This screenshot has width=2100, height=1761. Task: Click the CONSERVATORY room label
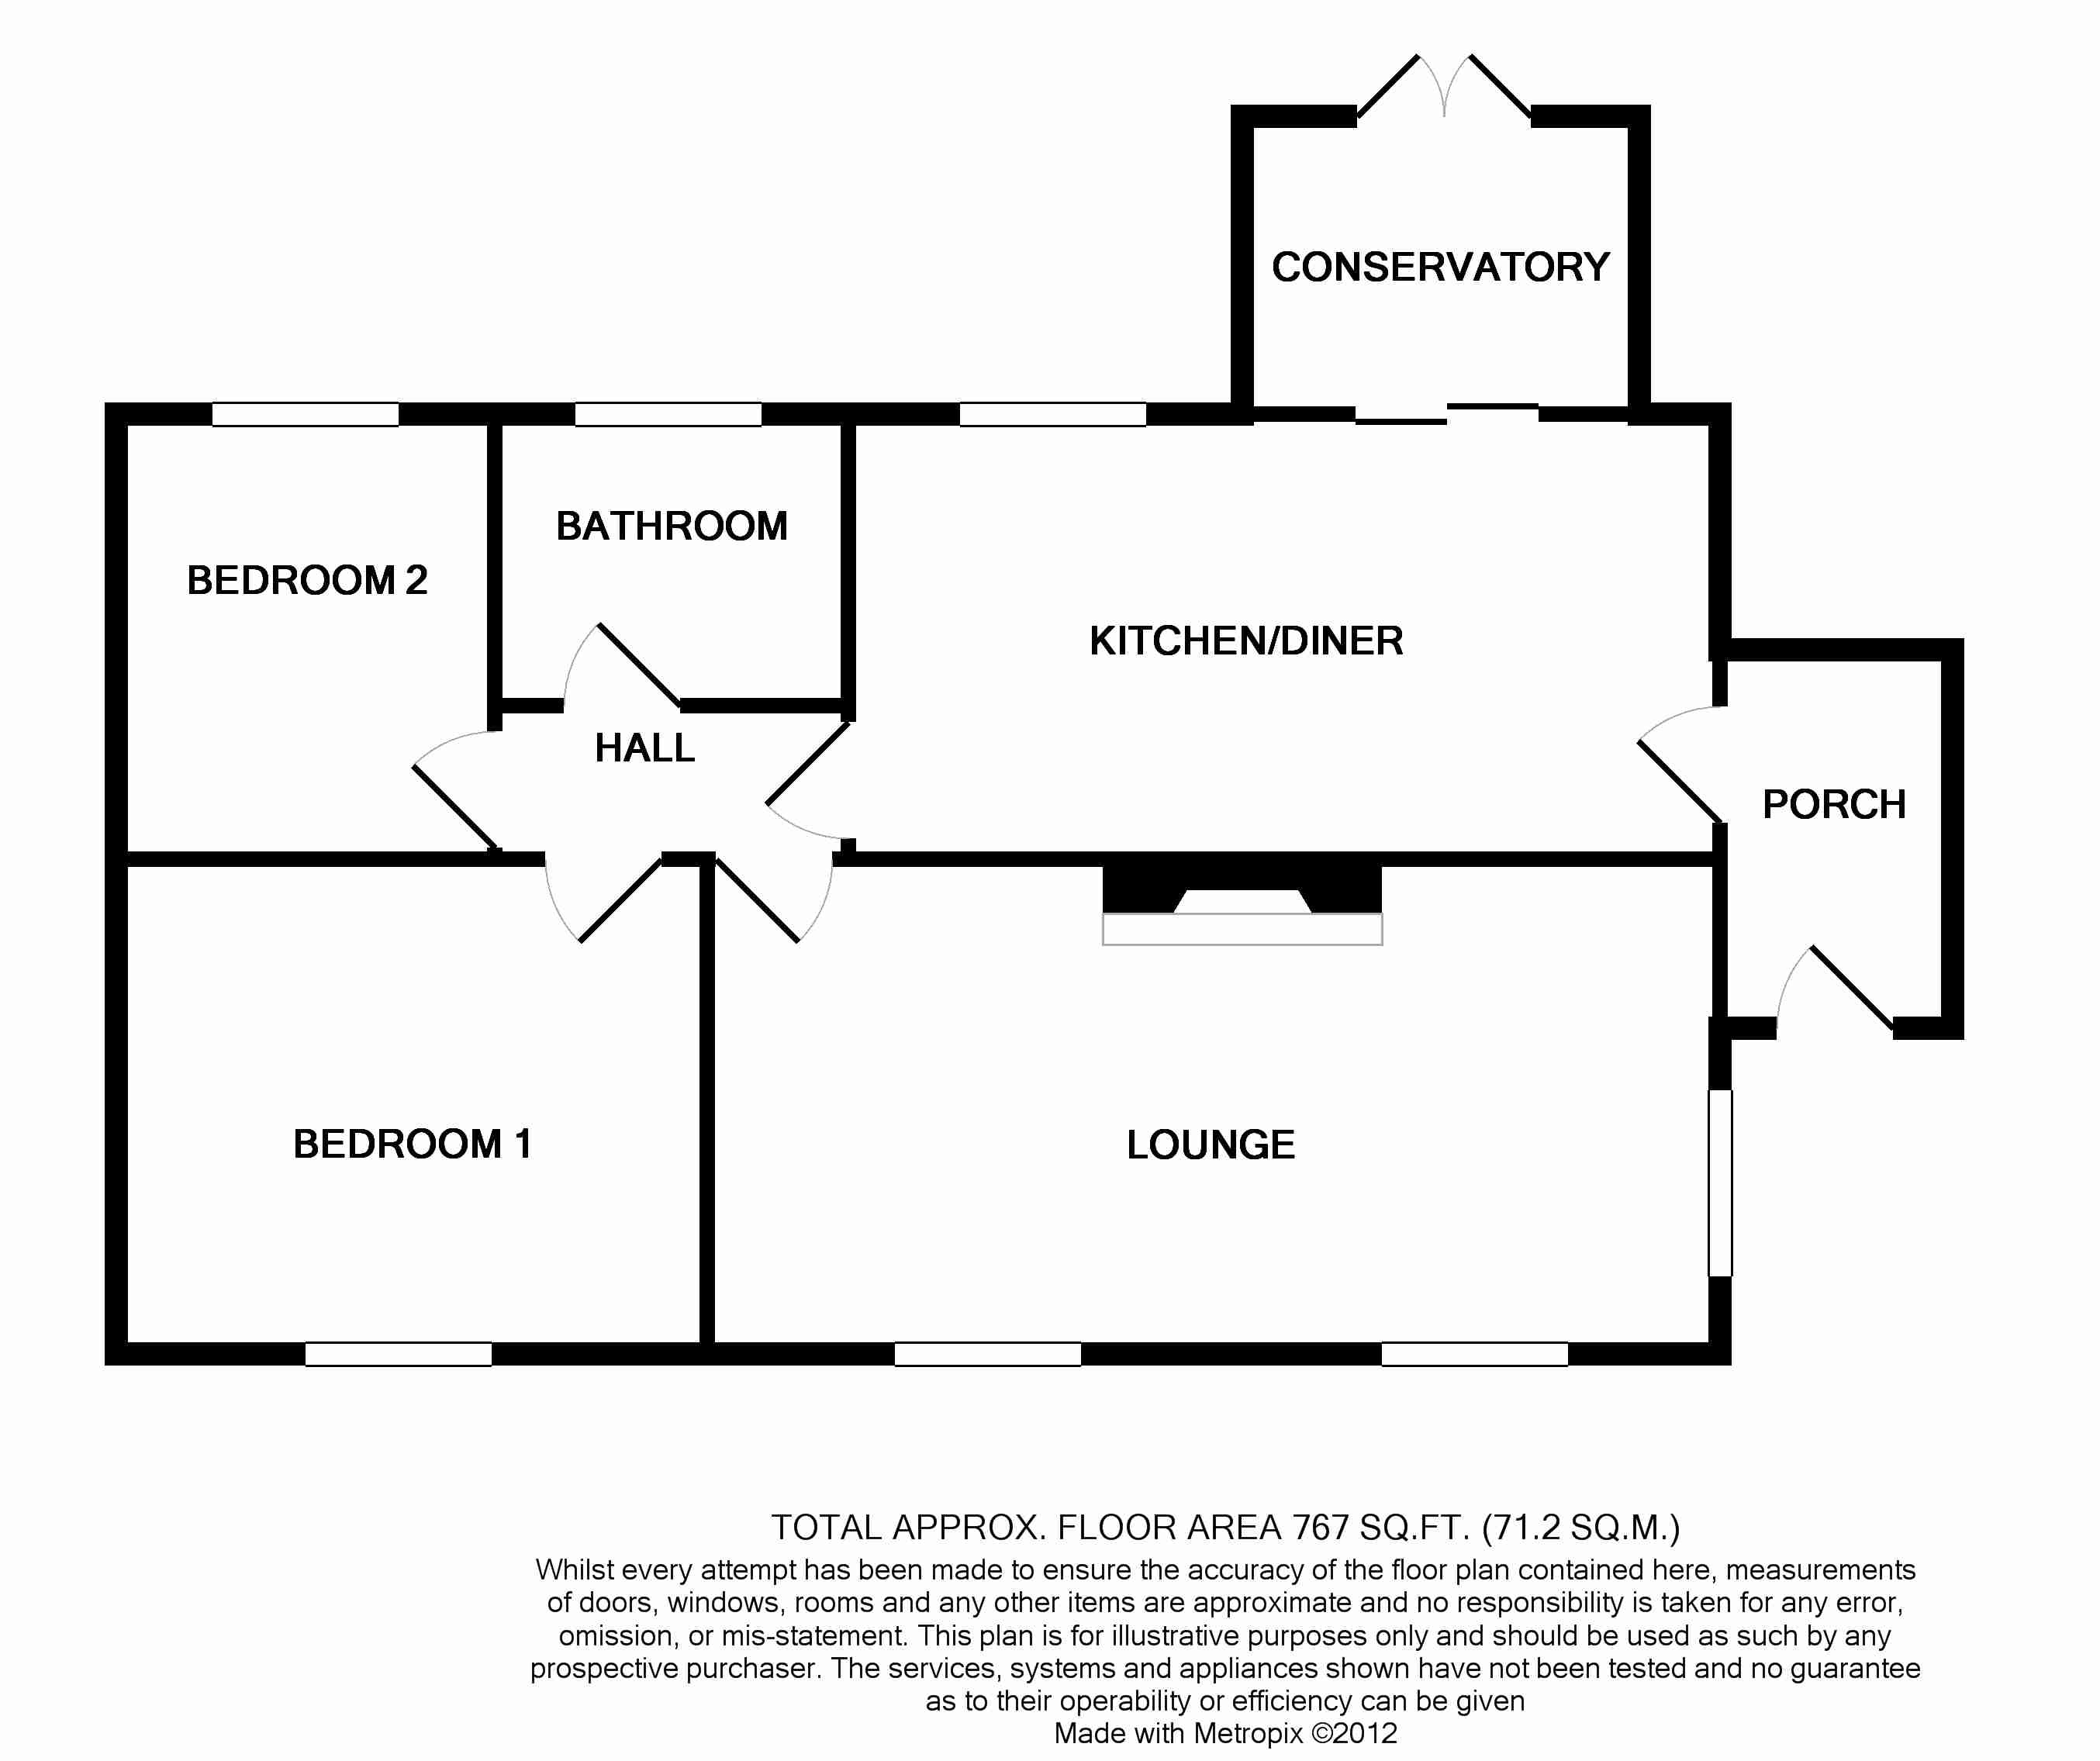[x=1440, y=267]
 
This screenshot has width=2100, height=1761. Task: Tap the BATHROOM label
[x=671, y=526]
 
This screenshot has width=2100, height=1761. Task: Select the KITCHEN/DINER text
[x=1246, y=641]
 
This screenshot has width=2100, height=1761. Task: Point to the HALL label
[x=644, y=748]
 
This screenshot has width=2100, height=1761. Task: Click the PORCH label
[x=1833, y=805]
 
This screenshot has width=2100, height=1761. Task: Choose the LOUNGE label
[x=1210, y=1145]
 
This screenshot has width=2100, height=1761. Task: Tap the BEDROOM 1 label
[x=411, y=1144]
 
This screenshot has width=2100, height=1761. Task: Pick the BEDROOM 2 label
[x=307, y=580]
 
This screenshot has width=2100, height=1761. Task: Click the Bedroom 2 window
[x=305, y=414]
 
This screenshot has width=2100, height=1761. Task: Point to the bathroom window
[x=668, y=414]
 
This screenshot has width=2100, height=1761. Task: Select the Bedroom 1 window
[x=398, y=1354]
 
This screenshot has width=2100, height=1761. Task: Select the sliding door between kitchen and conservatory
[x=1446, y=414]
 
